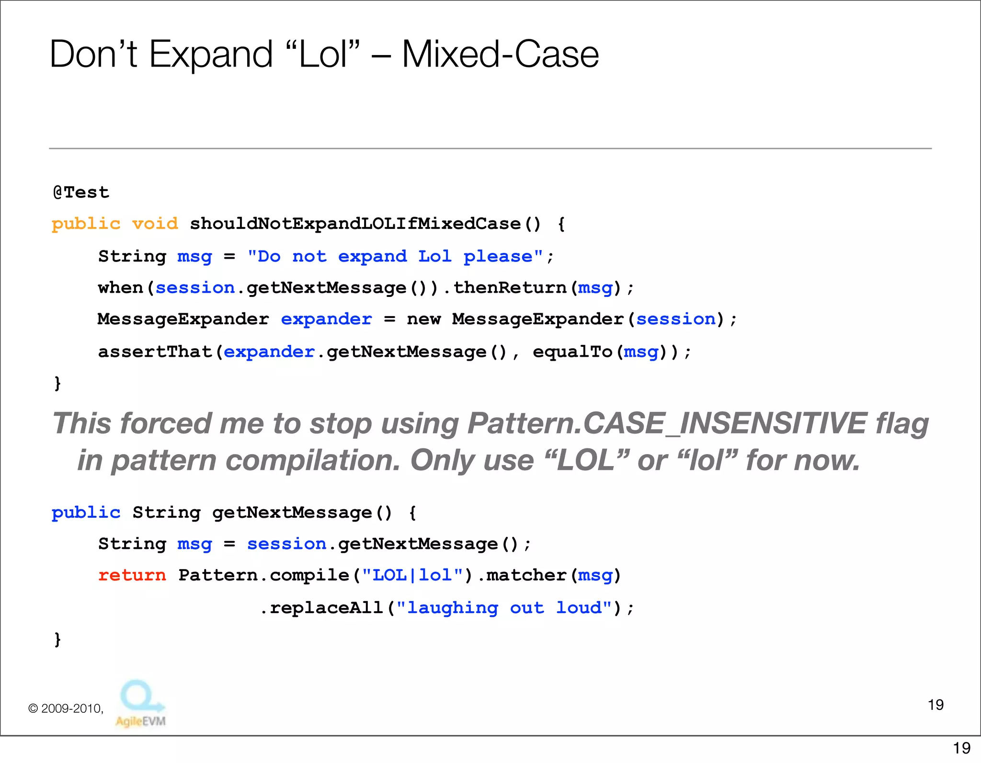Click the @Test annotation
(81, 193)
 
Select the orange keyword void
(155, 224)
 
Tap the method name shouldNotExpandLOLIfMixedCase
(355, 224)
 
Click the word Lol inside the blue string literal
(434, 256)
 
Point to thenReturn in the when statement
(510, 288)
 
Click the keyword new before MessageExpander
(423, 319)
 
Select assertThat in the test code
(155, 352)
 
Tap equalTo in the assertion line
(572, 352)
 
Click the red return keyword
(132, 575)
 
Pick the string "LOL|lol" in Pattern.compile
(412, 575)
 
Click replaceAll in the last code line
(326, 608)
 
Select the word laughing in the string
(453, 608)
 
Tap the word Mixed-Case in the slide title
(500, 54)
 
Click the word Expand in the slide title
(210, 54)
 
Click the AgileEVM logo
(141, 703)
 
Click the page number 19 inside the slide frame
(935, 705)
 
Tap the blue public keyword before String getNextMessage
(86, 512)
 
